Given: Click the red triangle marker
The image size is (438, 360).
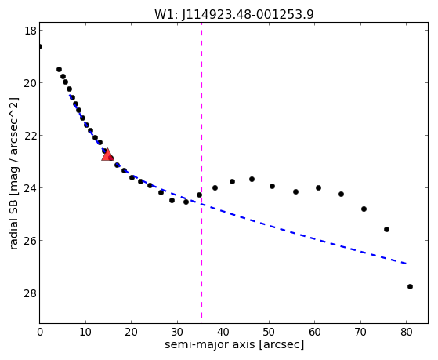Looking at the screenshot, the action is point(107,155).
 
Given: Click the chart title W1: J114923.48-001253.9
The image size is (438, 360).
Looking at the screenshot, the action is point(234,15).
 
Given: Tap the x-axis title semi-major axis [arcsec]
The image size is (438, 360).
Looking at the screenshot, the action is point(234,344).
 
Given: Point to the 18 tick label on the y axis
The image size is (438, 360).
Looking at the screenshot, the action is point(31,31).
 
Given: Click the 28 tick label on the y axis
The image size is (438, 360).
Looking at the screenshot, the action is point(31,293).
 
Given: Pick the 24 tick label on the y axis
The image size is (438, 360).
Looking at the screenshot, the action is point(31,188).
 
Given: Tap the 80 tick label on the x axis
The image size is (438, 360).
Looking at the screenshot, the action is point(406,333).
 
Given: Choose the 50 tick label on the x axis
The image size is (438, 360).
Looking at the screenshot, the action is point(269,333).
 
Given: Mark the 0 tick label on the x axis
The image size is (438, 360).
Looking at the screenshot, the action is point(40,333).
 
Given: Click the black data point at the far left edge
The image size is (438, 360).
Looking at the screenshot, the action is point(40,46).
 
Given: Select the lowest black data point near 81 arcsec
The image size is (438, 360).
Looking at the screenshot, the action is point(410,287).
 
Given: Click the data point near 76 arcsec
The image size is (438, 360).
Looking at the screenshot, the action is point(386,229).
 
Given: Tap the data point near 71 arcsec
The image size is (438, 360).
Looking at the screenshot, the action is point(364,209).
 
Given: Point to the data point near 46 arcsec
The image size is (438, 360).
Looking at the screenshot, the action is point(252,179).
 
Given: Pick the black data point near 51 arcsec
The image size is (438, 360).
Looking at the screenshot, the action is point(272,187).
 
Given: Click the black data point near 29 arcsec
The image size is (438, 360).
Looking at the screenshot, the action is point(172,200).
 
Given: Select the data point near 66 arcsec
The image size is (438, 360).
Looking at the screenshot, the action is point(341,194).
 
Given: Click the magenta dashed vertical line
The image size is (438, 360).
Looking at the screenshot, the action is point(201,170).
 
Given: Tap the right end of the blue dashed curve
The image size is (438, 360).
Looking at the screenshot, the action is point(407,264).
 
